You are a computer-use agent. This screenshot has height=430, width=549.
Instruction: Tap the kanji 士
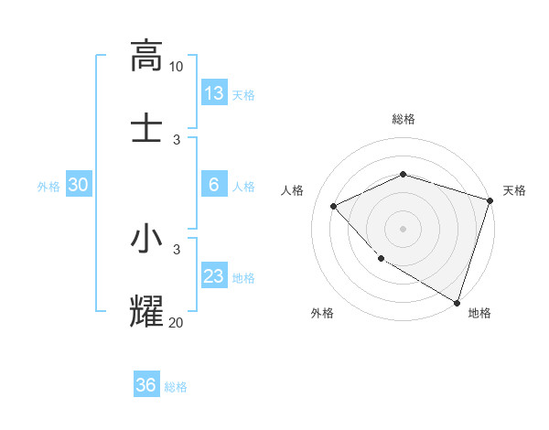pos(146,126)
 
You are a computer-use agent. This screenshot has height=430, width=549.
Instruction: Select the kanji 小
pos(146,239)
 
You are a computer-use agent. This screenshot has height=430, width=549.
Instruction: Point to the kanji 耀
pos(146,309)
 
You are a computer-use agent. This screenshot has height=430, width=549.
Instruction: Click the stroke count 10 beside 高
pos(177,67)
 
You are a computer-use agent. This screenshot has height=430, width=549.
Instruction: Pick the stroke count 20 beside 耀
pos(176,321)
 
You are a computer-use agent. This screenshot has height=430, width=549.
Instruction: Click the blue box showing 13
pos(214,93)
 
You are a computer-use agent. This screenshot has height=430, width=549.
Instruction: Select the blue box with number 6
pos(214,185)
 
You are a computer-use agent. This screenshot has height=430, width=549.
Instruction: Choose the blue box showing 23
pos(214,276)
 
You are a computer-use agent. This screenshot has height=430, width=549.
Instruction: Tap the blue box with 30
pos(79,185)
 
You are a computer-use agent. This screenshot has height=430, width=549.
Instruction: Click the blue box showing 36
pos(146,385)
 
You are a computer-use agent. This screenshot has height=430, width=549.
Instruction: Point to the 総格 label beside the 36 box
pos(177,387)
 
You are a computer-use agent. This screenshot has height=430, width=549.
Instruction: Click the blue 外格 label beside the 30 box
pos(48,187)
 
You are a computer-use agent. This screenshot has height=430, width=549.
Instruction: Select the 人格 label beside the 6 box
pos(243,187)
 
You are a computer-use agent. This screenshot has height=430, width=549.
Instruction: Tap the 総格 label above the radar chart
pos(404,119)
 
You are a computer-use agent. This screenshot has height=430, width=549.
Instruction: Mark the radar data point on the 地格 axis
pos(457,302)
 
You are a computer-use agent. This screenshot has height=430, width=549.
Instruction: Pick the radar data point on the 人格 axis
pos(334,206)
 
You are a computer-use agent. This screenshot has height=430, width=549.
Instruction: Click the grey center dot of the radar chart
pos(403,228)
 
